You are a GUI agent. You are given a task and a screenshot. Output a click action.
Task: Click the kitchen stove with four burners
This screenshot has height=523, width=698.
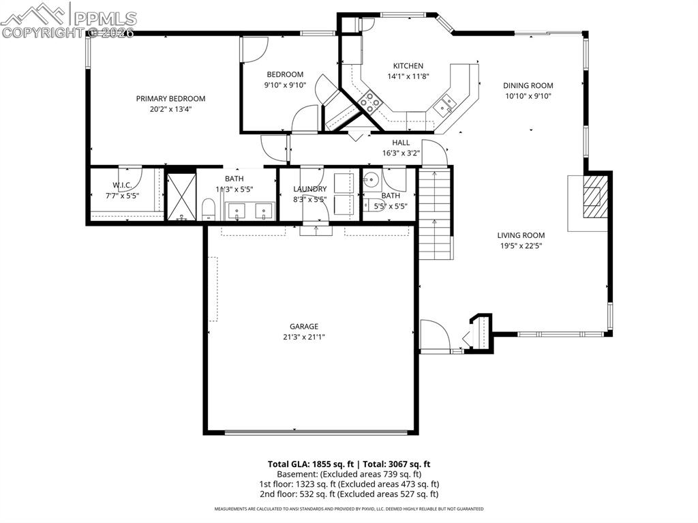(x=370, y=102)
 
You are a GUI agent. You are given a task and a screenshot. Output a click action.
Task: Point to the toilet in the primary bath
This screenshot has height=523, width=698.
(x=209, y=210)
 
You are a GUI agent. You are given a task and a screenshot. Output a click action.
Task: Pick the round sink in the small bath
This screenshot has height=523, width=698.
(x=371, y=181)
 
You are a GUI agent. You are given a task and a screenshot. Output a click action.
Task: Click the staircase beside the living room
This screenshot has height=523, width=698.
(x=435, y=213)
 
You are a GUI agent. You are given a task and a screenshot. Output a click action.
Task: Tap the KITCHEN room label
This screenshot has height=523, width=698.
(x=408, y=65)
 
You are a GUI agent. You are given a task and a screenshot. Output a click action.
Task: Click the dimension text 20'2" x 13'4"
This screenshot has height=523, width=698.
(x=170, y=109)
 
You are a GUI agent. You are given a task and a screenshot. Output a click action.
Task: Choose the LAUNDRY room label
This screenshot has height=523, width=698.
(x=310, y=189)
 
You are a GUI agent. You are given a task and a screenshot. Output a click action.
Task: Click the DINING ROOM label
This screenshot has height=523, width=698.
(x=528, y=85)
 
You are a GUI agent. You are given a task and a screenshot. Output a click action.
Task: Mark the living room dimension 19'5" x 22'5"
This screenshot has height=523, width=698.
(x=521, y=246)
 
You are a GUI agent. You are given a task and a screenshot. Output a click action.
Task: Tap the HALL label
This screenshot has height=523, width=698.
(x=401, y=143)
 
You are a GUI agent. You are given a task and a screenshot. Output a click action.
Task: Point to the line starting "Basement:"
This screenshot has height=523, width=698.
(x=348, y=474)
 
